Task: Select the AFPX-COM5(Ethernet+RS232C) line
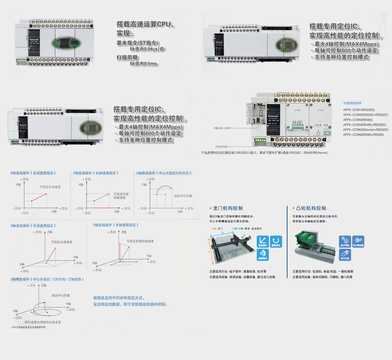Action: (365, 130)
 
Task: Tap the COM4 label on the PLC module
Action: (297, 110)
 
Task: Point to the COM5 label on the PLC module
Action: (320, 110)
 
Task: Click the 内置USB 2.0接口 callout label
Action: (222, 128)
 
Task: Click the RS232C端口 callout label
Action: (222, 147)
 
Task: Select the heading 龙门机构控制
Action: (228, 208)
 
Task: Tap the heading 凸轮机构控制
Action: (311, 208)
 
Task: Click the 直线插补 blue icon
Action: (263, 242)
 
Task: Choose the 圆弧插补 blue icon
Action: (276, 242)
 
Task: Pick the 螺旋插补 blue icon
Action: (263, 254)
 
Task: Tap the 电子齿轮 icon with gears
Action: (345, 242)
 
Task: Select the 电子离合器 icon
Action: (358, 242)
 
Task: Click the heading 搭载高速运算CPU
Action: (145, 24)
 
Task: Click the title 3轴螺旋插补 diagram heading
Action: (47, 279)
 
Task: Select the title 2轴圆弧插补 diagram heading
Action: (164, 173)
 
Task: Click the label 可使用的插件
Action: (352, 103)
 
